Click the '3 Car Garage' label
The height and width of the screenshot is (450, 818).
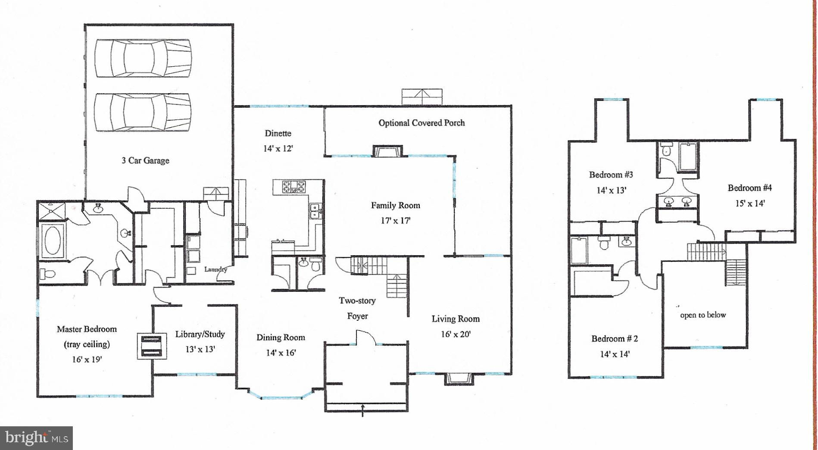pyautogui.click(x=145, y=160)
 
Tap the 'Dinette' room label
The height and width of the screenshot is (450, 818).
pyautogui.click(x=278, y=133)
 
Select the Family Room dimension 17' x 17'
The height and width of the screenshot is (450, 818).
pyautogui.click(x=396, y=221)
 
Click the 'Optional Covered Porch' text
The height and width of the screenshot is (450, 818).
pyautogui.click(x=421, y=123)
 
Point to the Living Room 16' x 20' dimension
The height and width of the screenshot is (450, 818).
pyautogui.click(x=456, y=334)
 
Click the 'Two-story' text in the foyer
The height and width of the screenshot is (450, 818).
pyautogui.click(x=357, y=300)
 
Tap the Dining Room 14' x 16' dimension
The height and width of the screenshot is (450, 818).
pyautogui.click(x=281, y=353)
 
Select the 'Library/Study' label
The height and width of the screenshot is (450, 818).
pyautogui.click(x=200, y=334)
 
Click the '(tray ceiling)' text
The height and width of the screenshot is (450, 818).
pyautogui.click(x=87, y=344)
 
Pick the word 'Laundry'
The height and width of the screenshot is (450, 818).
pyautogui.click(x=215, y=269)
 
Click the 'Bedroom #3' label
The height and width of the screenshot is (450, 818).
pyautogui.click(x=611, y=175)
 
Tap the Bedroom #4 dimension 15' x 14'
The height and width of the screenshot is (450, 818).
pyautogui.click(x=750, y=203)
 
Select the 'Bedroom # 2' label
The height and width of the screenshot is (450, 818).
pyautogui.click(x=615, y=338)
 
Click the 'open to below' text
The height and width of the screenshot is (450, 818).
pyautogui.click(x=703, y=315)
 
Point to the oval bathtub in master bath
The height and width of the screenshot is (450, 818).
pyautogui.click(x=53, y=241)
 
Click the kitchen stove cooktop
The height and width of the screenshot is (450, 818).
pyautogui.click(x=294, y=187)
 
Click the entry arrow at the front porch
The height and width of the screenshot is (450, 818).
pyautogui.click(x=362, y=411)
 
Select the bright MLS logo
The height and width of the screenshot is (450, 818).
pyautogui.click(x=36, y=438)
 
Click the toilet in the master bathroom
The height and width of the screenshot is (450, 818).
pyautogui.click(x=47, y=273)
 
